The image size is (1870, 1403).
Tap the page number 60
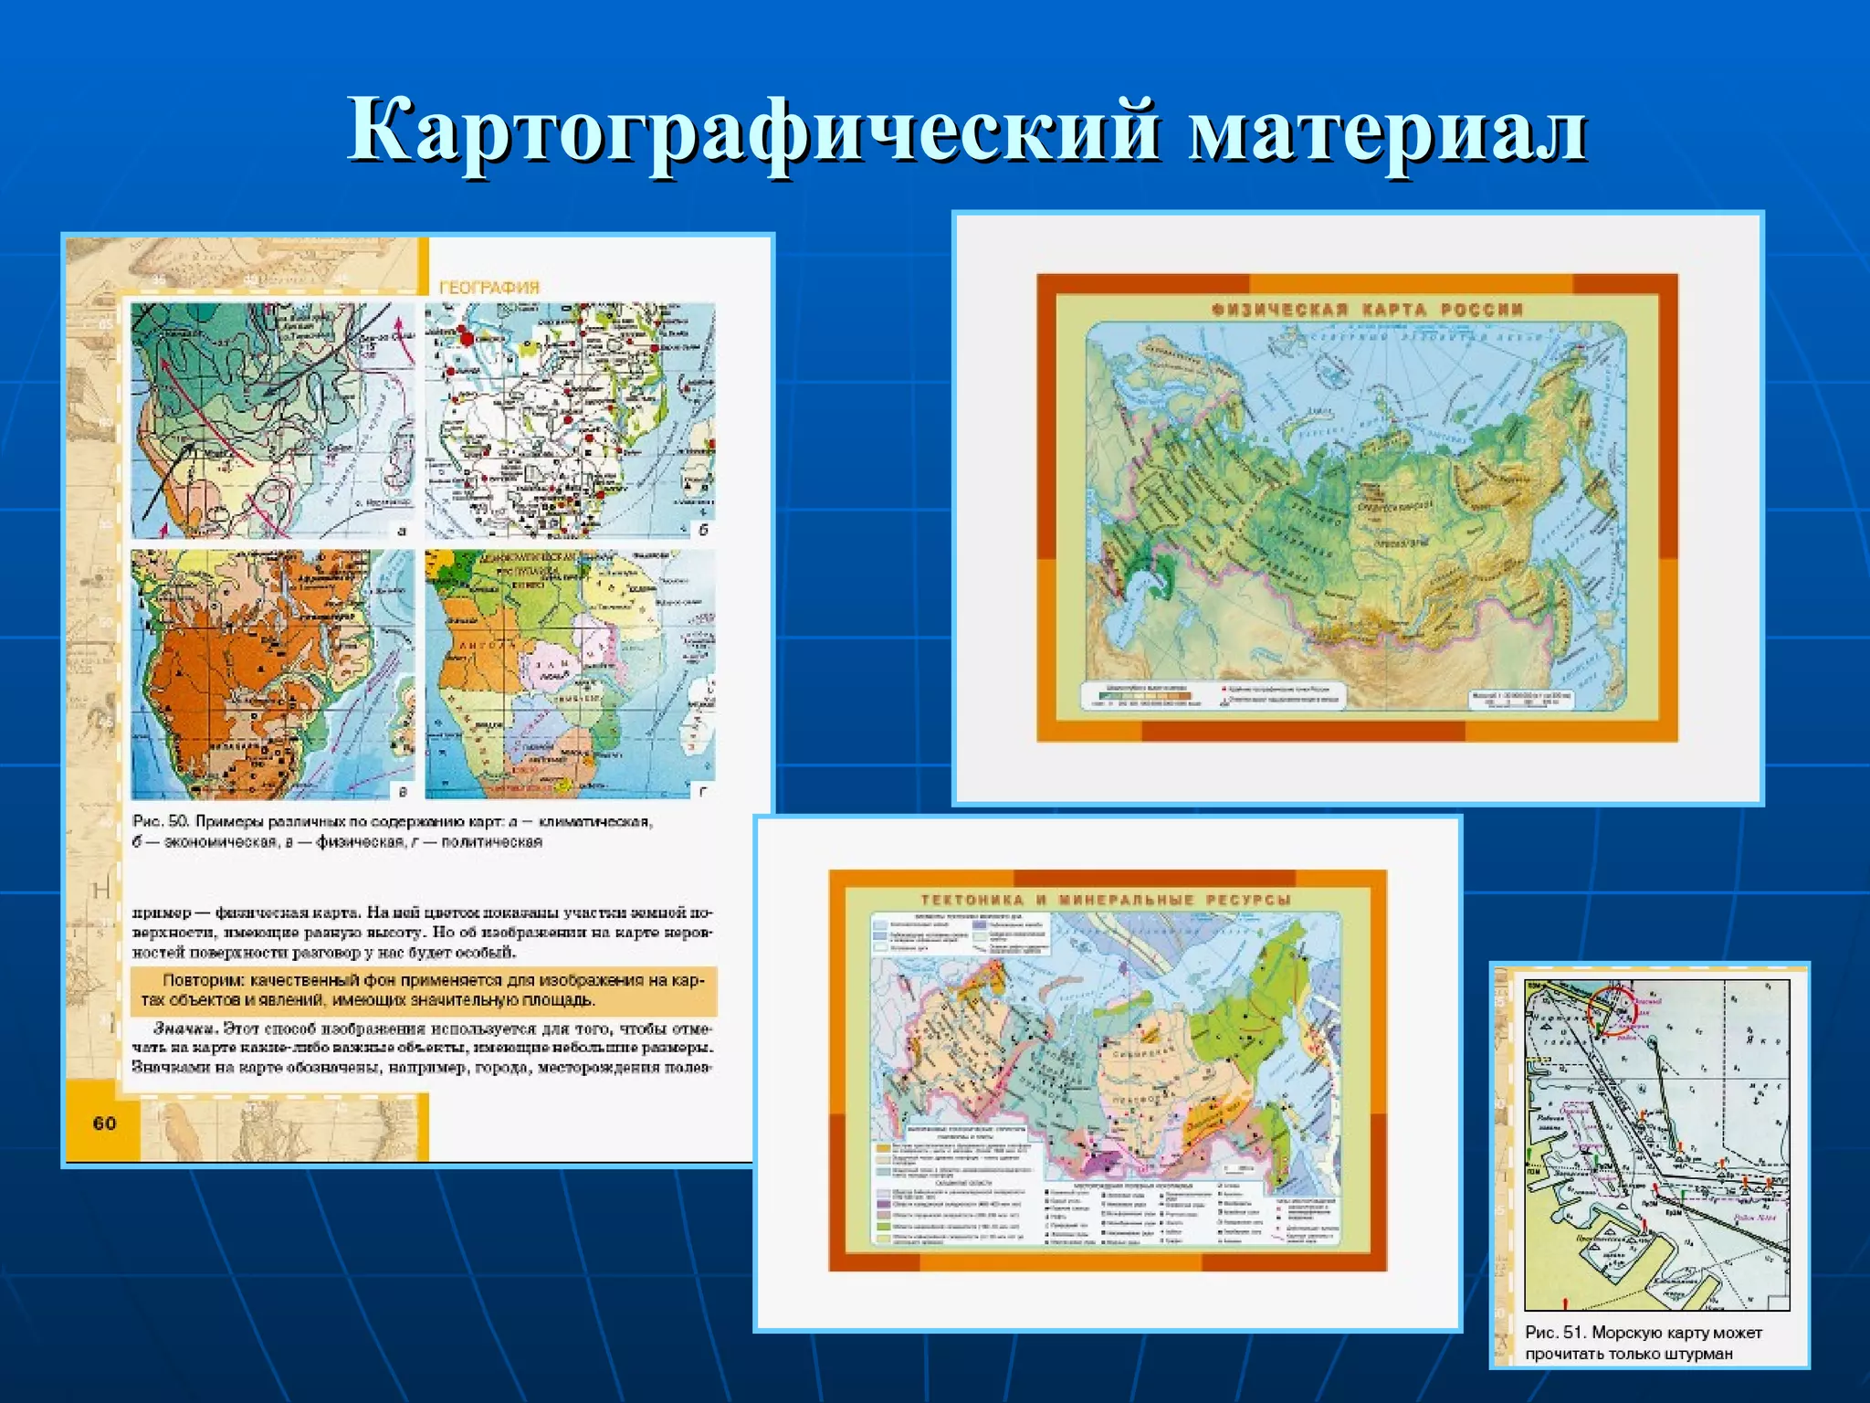point(104,1123)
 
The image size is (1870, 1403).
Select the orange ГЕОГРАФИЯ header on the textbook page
point(489,287)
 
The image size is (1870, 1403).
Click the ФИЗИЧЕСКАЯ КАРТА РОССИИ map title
point(1367,310)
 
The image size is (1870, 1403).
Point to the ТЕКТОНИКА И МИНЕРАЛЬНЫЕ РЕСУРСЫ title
point(1106,900)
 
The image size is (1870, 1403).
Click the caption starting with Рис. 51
point(1643,1343)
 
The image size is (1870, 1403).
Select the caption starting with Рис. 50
point(393,831)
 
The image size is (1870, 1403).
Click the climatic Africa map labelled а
point(272,420)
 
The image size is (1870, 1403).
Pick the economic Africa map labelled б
point(570,420)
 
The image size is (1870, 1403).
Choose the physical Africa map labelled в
point(272,674)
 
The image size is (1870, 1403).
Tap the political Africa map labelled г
point(570,674)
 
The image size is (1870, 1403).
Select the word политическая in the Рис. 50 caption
point(492,842)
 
